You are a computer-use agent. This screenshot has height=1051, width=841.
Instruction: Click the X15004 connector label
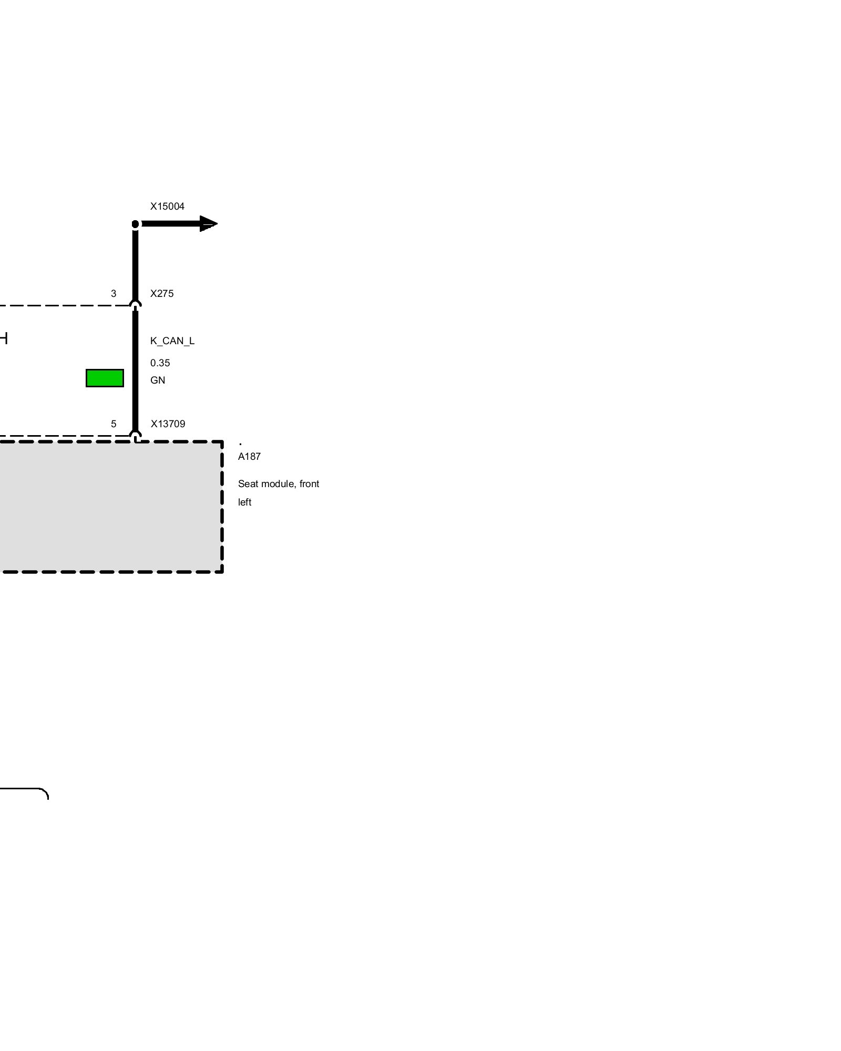(167, 207)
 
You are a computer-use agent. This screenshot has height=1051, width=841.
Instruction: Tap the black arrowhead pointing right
(208, 224)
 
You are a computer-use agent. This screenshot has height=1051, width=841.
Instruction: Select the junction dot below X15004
(136, 224)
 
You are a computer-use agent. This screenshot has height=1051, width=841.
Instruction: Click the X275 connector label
(162, 294)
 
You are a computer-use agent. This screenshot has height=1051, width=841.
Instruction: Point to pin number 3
(114, 294)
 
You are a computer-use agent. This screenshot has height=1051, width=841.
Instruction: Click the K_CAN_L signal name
(172, 341)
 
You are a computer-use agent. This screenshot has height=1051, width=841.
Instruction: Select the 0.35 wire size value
(160, 363)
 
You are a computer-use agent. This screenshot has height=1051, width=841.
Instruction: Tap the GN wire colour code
(158, 380)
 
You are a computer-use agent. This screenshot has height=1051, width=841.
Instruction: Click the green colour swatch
(105, 378)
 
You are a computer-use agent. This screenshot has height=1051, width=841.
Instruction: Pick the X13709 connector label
(168, 424)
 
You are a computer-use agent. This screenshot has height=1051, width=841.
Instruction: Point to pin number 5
(114, 424)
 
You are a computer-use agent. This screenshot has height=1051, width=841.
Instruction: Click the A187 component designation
(249, 457)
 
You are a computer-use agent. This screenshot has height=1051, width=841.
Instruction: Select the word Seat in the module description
(248, 484)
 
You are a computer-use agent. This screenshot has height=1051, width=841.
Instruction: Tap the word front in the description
(310, 484)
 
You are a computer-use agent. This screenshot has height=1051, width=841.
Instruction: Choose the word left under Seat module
(245, 502)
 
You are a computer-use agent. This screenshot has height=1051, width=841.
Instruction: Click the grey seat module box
(105, 507)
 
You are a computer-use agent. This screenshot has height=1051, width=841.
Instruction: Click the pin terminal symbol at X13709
(136, 435)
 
